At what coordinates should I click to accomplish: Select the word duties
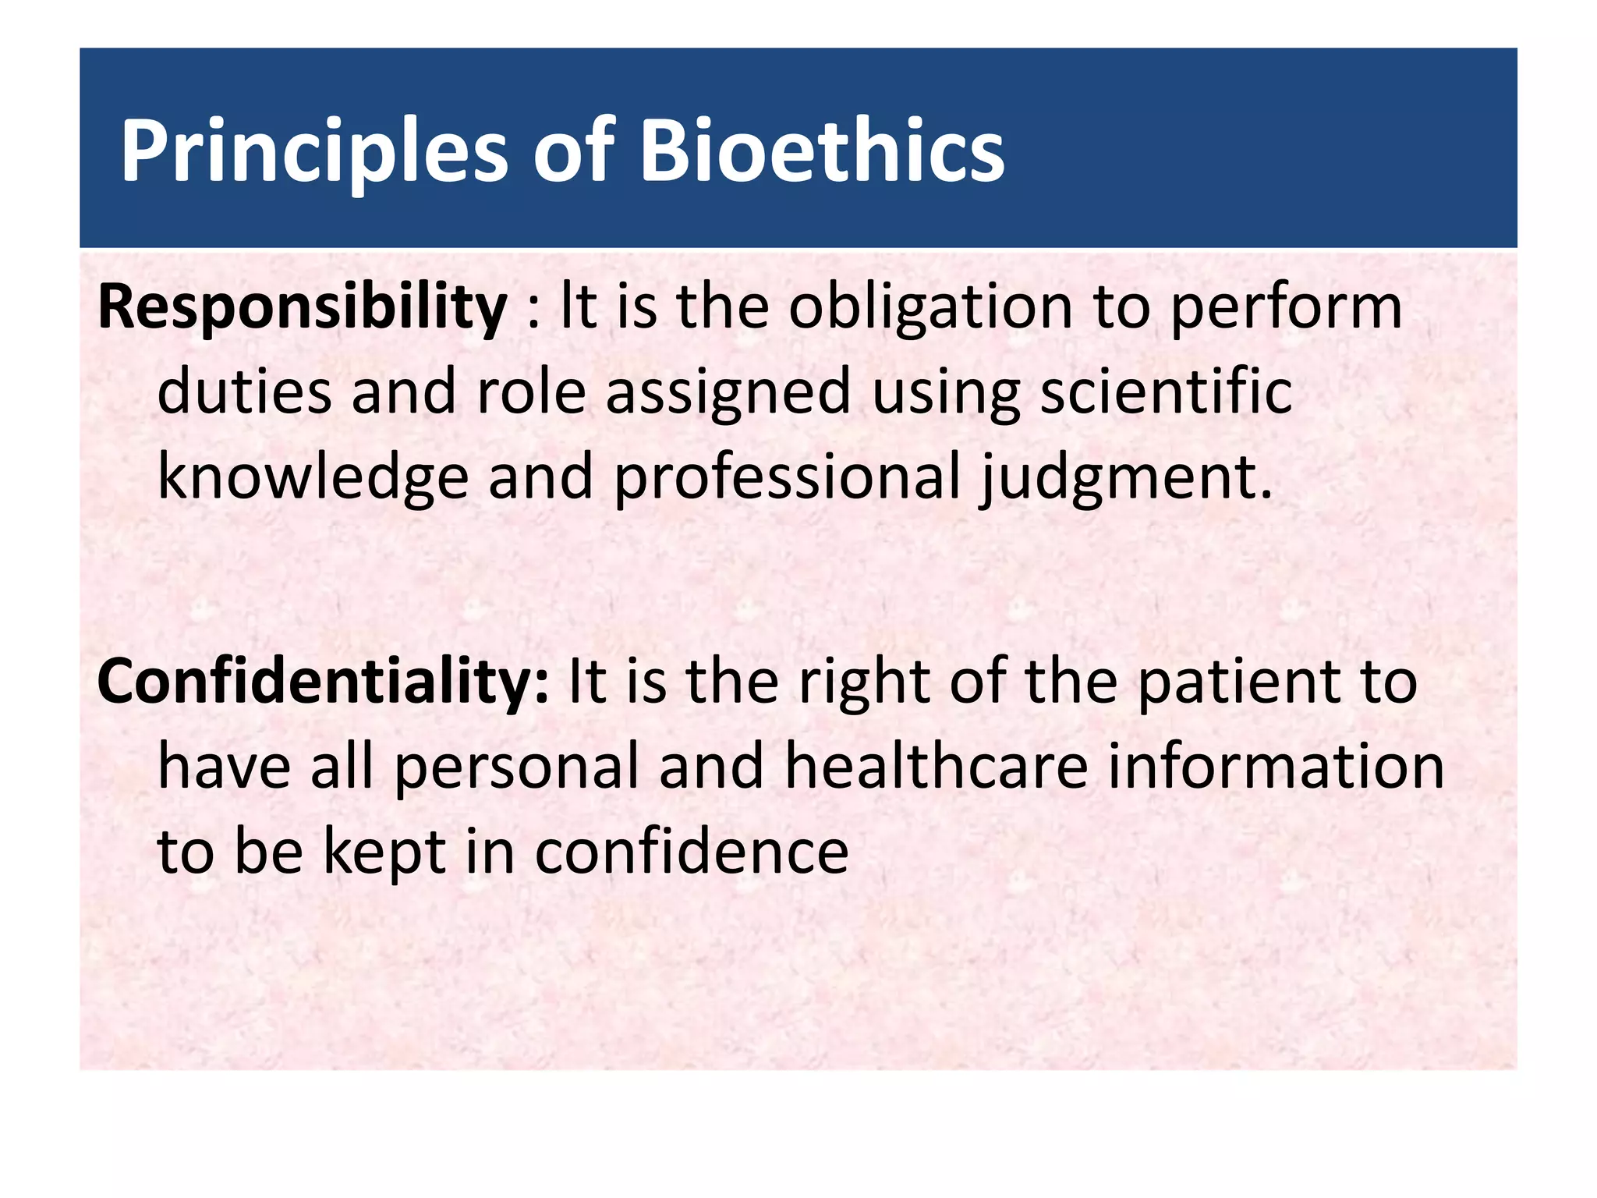[244, 392]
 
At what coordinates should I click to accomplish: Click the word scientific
[1167, 392]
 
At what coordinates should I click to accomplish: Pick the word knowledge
[313, 478]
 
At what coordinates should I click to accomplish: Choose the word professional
[788, 478]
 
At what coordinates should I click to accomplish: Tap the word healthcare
[936, 766]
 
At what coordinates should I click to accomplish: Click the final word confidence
[692, 852]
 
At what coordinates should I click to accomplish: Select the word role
[531, 392]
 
